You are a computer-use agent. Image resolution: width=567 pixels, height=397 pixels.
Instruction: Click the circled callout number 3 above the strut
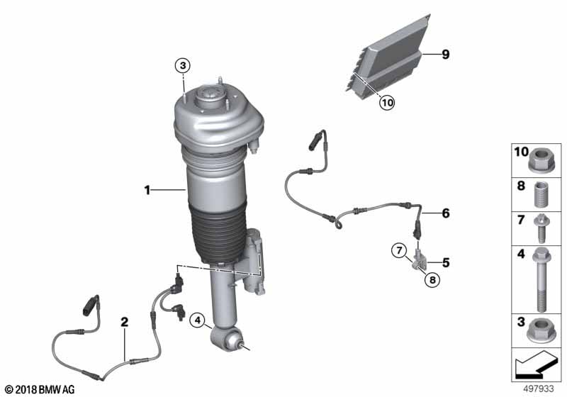pos(183,66)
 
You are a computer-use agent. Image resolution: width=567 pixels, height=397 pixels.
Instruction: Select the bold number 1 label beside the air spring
pos(147,190)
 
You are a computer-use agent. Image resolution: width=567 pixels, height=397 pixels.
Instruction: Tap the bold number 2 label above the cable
pos(125,322)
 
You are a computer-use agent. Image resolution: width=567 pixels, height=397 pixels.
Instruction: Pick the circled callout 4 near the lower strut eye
pos(198,320)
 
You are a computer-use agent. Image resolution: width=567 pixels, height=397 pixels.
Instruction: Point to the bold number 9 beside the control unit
pos(446,55)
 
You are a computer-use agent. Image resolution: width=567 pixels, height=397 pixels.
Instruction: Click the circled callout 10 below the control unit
pos(387,103)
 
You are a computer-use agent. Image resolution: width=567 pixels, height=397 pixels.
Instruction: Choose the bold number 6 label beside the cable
pos(446,213)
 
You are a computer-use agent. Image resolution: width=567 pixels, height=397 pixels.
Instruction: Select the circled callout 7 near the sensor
pos(399,250)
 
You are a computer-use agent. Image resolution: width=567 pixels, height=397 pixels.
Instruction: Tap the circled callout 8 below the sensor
pos(432,279)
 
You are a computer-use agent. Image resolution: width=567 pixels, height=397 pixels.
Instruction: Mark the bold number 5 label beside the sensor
pos(446,263)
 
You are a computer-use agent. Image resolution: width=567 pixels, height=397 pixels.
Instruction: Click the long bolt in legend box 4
pos(541,280)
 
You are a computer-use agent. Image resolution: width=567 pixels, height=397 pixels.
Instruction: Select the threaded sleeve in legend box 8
pos(541,194)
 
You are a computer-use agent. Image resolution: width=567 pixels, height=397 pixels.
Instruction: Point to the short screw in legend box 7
pos(541,228)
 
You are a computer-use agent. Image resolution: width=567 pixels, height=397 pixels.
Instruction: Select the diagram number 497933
pos(539,389)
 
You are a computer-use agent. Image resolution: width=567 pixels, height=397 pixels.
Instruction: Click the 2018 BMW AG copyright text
pos(40,389)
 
